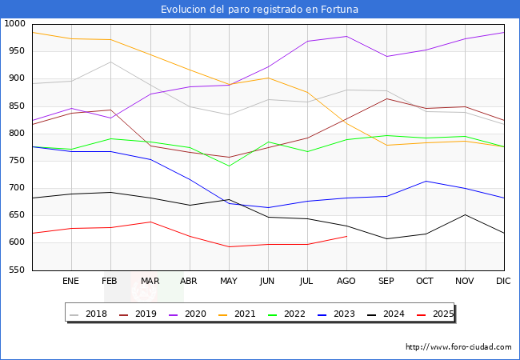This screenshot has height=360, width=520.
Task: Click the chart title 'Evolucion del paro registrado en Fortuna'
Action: coord(259,10)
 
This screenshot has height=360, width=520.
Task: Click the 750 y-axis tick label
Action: coord(18,161)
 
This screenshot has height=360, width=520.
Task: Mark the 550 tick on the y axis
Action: coord(18,270)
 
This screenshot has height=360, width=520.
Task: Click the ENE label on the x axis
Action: coord(71,282)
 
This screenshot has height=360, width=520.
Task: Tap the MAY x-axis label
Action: coord(229,282)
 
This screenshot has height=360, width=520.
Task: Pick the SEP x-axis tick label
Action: coord(386,282)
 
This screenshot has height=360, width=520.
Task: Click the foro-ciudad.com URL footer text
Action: coord(458,347)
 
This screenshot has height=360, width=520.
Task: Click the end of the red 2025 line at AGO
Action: coord(346,236)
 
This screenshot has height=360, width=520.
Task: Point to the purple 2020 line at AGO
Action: coord(346,36)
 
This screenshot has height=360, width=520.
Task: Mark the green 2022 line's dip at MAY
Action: coord(229,166)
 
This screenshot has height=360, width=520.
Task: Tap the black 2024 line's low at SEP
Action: coord(386,238)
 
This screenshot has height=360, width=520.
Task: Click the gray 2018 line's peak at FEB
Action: coord(110,62)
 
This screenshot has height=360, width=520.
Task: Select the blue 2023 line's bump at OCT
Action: coord(426,181)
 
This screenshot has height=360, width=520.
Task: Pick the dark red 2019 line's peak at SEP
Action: coord(386,98)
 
